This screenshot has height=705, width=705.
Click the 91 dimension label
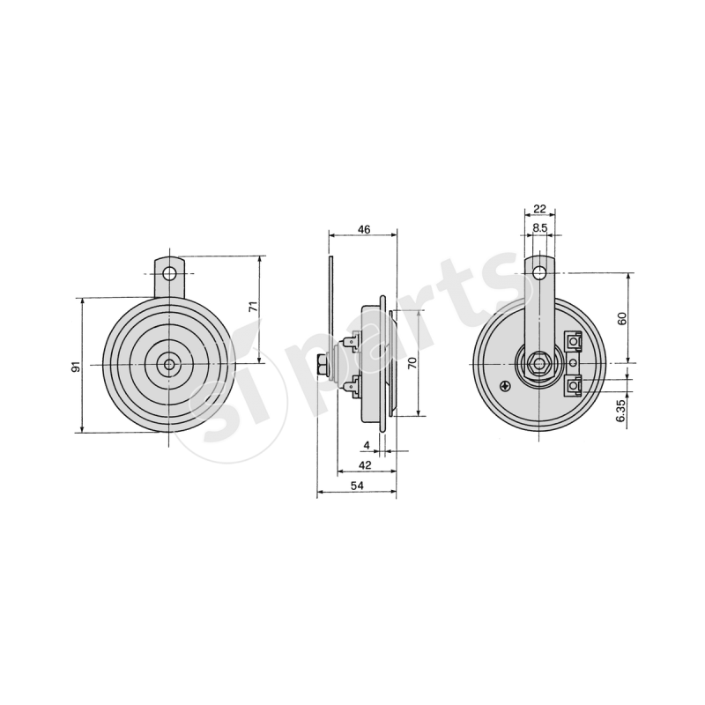coord(77,366)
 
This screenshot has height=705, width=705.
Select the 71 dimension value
coord(252,308)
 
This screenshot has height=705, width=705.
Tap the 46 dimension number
coord(363,229)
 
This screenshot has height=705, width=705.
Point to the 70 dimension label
coord(412,363)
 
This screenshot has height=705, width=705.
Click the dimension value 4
coord(367,446)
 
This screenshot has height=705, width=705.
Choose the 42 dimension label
coord(365,464)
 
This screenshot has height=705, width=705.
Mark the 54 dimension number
coord(357,485)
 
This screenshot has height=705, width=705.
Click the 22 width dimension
coord(540,209)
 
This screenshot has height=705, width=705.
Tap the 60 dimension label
coord(622,318)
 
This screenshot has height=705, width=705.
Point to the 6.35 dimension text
coord(622,411)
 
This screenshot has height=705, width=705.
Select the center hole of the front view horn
coord(169,363)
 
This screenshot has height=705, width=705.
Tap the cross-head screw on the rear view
coord(504,384)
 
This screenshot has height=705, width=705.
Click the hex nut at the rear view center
coord(539,362)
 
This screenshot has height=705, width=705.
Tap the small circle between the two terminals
coord(575,362)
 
